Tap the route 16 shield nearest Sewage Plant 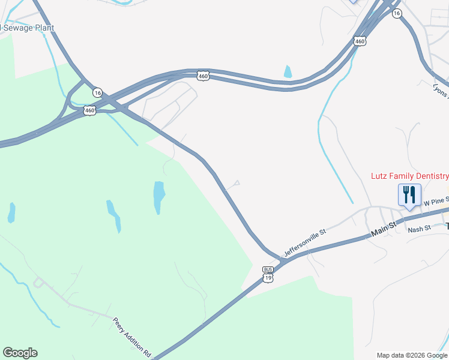point(97,92)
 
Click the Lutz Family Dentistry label point(409,176)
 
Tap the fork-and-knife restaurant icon point(409,194)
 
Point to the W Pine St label point(435,202)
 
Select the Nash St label point(419,229)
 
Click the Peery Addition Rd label point(131,338)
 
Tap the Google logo point(20,353)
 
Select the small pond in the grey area point(288,72)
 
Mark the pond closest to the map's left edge point(11,212)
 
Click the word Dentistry point(427,176)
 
